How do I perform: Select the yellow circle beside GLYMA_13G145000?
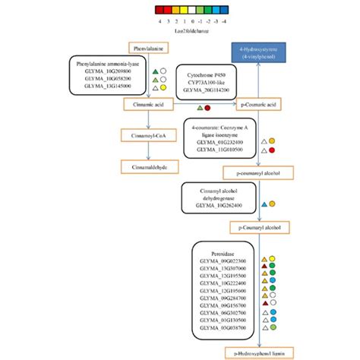point(164,89)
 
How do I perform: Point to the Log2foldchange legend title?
point(179,30)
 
